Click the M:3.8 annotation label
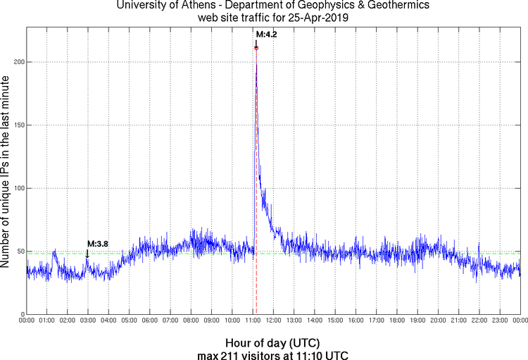point(98,244)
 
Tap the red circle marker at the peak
point(256,48)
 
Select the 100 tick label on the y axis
point(18,188)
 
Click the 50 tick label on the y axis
point(20,252)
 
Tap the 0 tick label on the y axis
point(22,314)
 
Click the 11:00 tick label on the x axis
point(253,321)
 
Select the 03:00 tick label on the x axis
point(88,321)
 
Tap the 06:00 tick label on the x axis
point(150,321)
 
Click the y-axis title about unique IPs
point(6,169)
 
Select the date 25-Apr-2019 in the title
point(316,18)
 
